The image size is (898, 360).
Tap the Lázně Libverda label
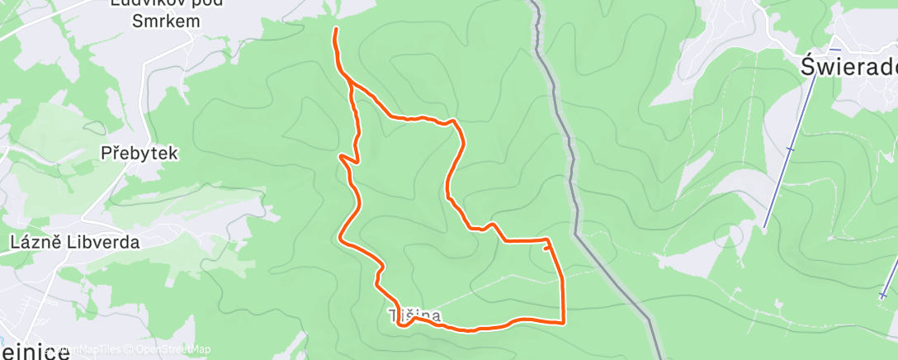click(x=74, y=243)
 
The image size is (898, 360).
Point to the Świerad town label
click(x=850, y=67)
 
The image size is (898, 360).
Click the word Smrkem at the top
click(x=167, y=21)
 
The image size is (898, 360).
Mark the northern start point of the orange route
click(x=335, y=30)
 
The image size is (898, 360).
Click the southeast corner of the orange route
click(x=563, y=322)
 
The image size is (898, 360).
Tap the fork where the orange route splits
click(x=352, y=83)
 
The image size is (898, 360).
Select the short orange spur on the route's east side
click(x=546, y=245)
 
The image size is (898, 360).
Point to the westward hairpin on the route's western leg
click(x=342, y=155)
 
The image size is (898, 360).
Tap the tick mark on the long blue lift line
click(x=790, y=149)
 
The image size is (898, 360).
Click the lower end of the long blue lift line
click(x=766, y=227)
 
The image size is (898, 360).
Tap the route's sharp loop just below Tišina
click(x=402, y=324)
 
